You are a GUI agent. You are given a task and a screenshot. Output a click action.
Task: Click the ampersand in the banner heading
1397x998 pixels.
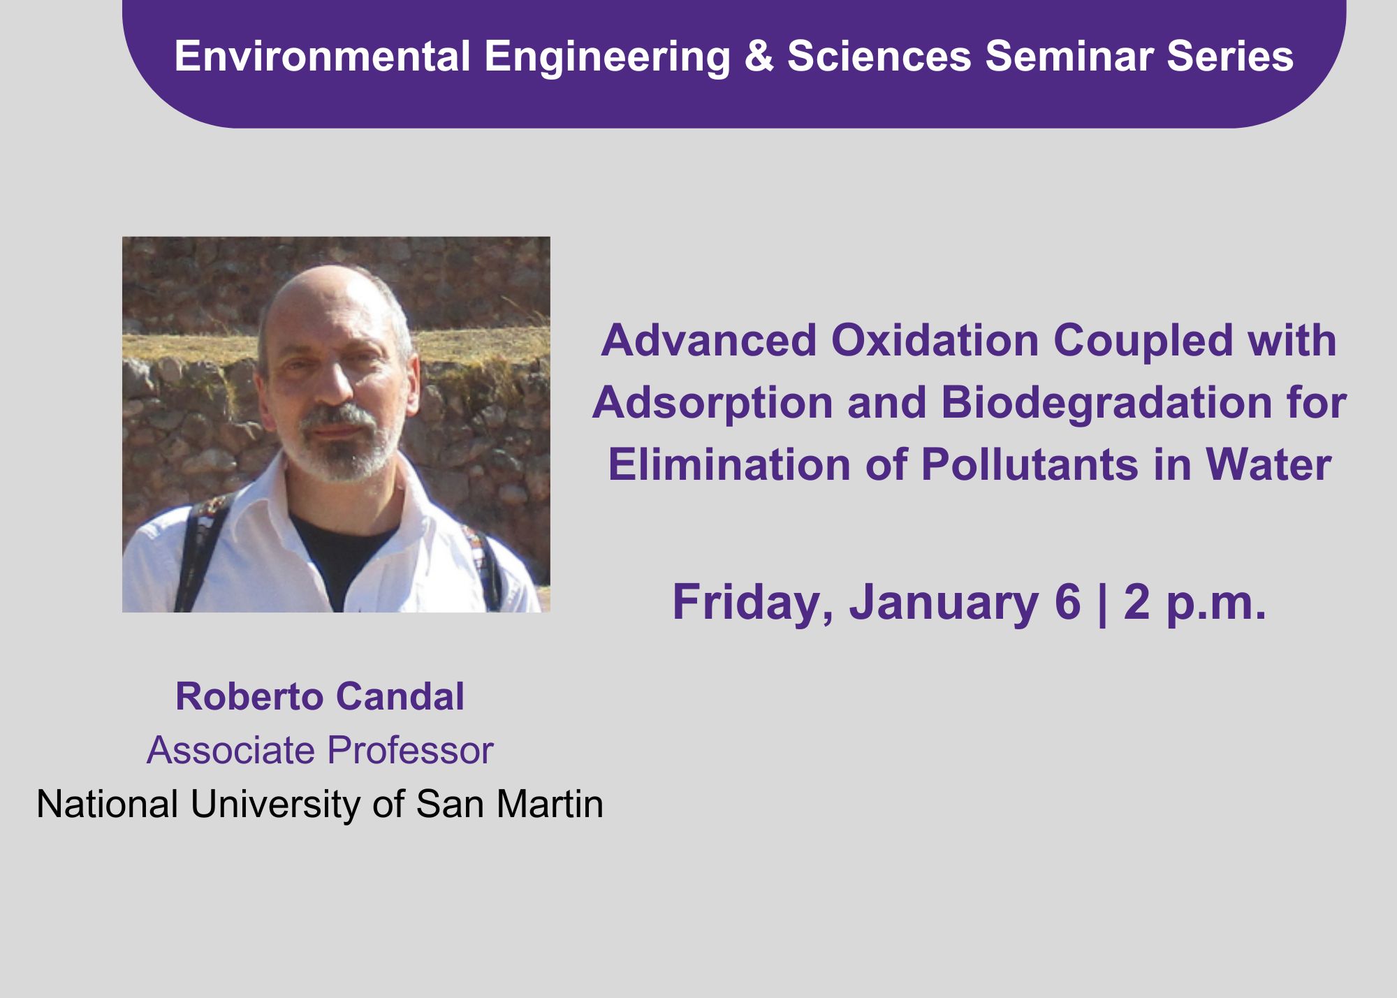click(x=759, y=56)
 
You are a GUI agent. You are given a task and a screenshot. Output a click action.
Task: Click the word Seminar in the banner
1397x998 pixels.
click(x=1069, y=56)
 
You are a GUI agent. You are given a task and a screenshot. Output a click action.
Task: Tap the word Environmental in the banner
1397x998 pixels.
click(x=322, y=56)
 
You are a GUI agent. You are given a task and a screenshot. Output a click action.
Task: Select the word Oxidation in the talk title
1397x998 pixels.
click(x=935, y=340)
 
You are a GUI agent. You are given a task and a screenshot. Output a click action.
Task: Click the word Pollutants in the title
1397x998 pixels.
click(x=1030, y=464)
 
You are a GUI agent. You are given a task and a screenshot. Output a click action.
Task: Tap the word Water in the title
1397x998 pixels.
click(x=1268, y=464)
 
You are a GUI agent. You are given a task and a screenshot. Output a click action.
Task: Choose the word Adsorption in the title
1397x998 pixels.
click(x=713, y=403)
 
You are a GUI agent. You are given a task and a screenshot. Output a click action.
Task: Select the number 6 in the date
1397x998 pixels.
click(x=1068, y=602)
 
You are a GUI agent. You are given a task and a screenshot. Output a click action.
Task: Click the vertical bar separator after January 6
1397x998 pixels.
click(x=1103, y=603)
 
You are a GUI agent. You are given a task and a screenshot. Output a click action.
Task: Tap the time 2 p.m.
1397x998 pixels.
click(x=1194, y=603)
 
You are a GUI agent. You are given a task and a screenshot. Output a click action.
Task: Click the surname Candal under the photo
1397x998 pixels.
click(x=400, y=696)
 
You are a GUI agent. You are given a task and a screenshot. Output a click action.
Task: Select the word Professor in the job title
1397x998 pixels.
click(x=411, y=750)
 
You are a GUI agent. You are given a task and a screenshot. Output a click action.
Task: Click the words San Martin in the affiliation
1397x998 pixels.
click(x=509, y=804)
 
